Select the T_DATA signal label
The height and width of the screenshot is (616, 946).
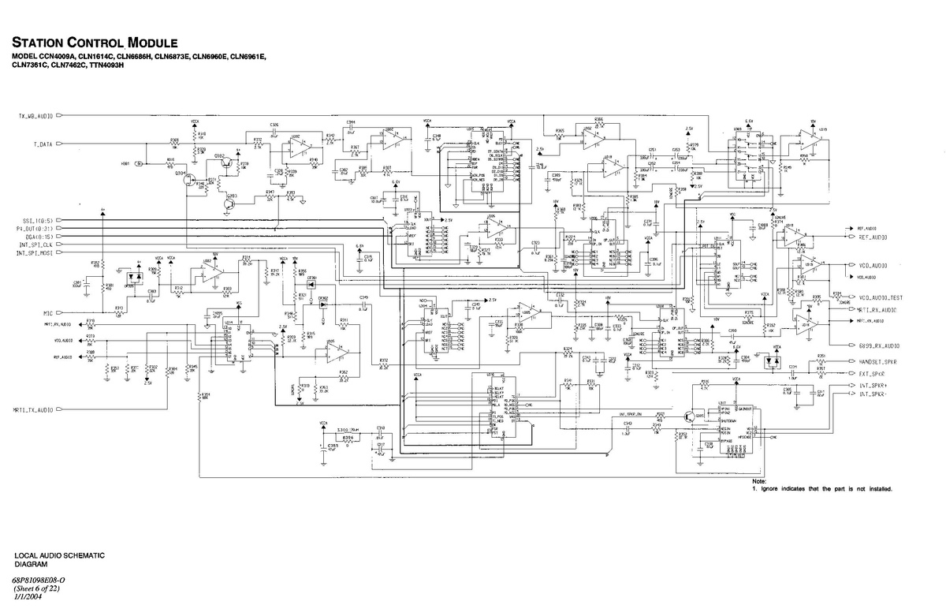43,145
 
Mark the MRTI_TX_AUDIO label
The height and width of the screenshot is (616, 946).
33,410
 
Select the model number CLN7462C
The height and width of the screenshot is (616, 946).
76,65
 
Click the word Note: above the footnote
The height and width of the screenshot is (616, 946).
759,481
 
